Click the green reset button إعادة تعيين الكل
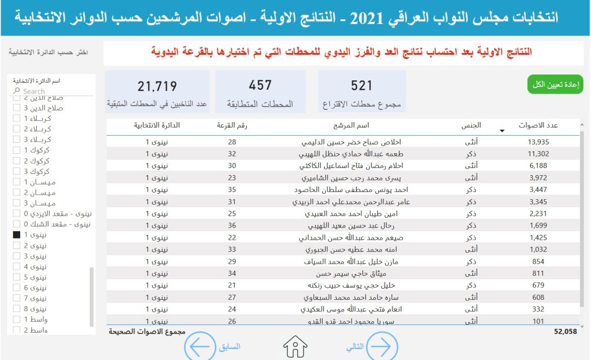555,84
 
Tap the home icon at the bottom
296,347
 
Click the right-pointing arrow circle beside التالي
381,347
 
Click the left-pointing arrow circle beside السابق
200,347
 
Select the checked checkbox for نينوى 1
16,235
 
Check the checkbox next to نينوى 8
16,309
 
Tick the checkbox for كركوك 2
16,161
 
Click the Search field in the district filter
52,91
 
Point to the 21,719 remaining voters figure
158,86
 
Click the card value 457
260,85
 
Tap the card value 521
362,85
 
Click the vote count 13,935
538,142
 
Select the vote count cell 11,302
538,154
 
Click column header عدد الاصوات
538,126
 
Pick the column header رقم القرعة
232,126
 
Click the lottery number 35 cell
232,190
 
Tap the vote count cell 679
538,286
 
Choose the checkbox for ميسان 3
16,204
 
